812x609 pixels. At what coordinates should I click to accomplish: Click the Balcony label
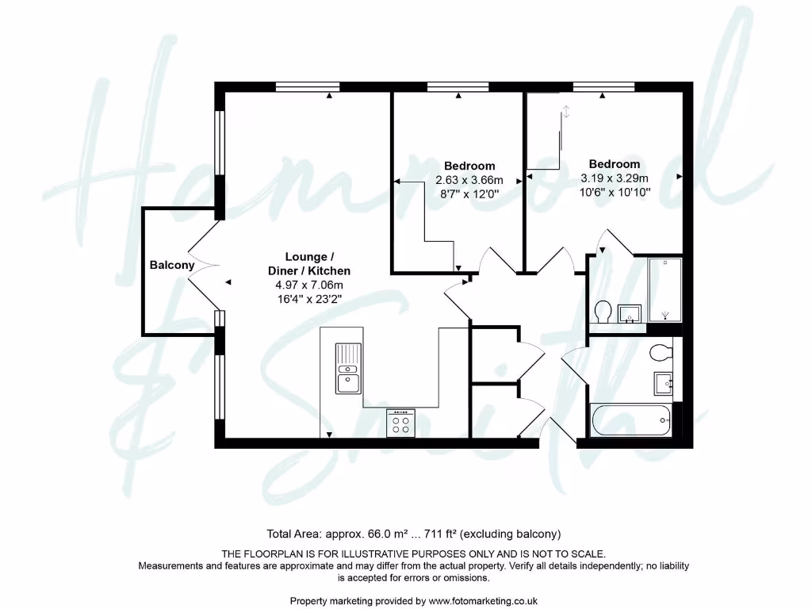[x=172, y=266]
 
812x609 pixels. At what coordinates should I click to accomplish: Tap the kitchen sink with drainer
[x=347, y=368]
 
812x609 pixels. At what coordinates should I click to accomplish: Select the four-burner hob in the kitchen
[x=400, y=423]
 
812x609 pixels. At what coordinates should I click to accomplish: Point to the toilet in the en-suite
[x=603, y=311]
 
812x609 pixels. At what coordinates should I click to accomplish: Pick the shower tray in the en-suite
[x=665, y=289]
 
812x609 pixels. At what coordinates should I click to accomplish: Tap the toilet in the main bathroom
[x=659, y=350]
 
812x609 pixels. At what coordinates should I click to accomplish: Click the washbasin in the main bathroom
[x=663, y=384]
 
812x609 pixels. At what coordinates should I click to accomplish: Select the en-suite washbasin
[x=630, y=313]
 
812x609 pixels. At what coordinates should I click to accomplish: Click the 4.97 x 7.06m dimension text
[x=309, y=285]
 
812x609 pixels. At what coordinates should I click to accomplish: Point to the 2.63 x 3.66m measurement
[x=469, y=179]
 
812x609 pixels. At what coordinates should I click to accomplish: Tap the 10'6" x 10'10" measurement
[x=615, y=192]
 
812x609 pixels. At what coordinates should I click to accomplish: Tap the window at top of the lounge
[x=308, y=86]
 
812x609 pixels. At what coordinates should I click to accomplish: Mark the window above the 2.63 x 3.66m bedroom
[x=458, y=86]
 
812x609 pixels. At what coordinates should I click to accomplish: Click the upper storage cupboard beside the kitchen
[x=493, y=353]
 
